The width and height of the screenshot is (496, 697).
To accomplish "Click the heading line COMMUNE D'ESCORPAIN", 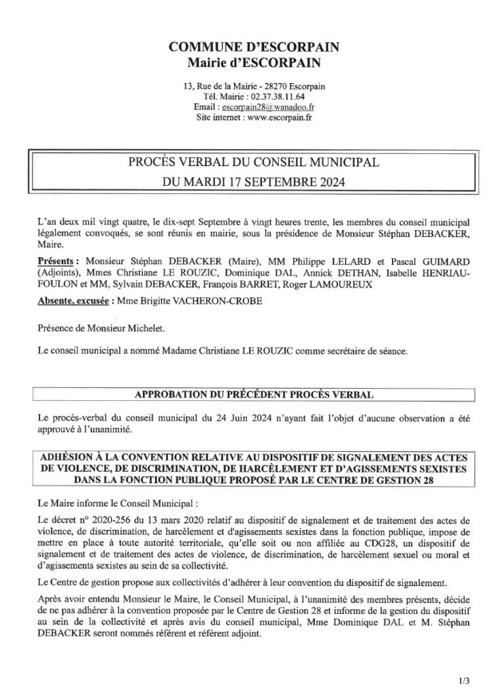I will (x=248, y=48).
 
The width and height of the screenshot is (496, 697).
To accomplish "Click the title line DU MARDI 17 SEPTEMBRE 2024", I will (x=248, y=182).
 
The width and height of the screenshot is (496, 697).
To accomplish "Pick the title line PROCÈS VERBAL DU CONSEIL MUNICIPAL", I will (x=248, y=163).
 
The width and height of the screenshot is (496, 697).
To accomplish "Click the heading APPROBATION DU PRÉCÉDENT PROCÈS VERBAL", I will (x=248, y=393).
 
